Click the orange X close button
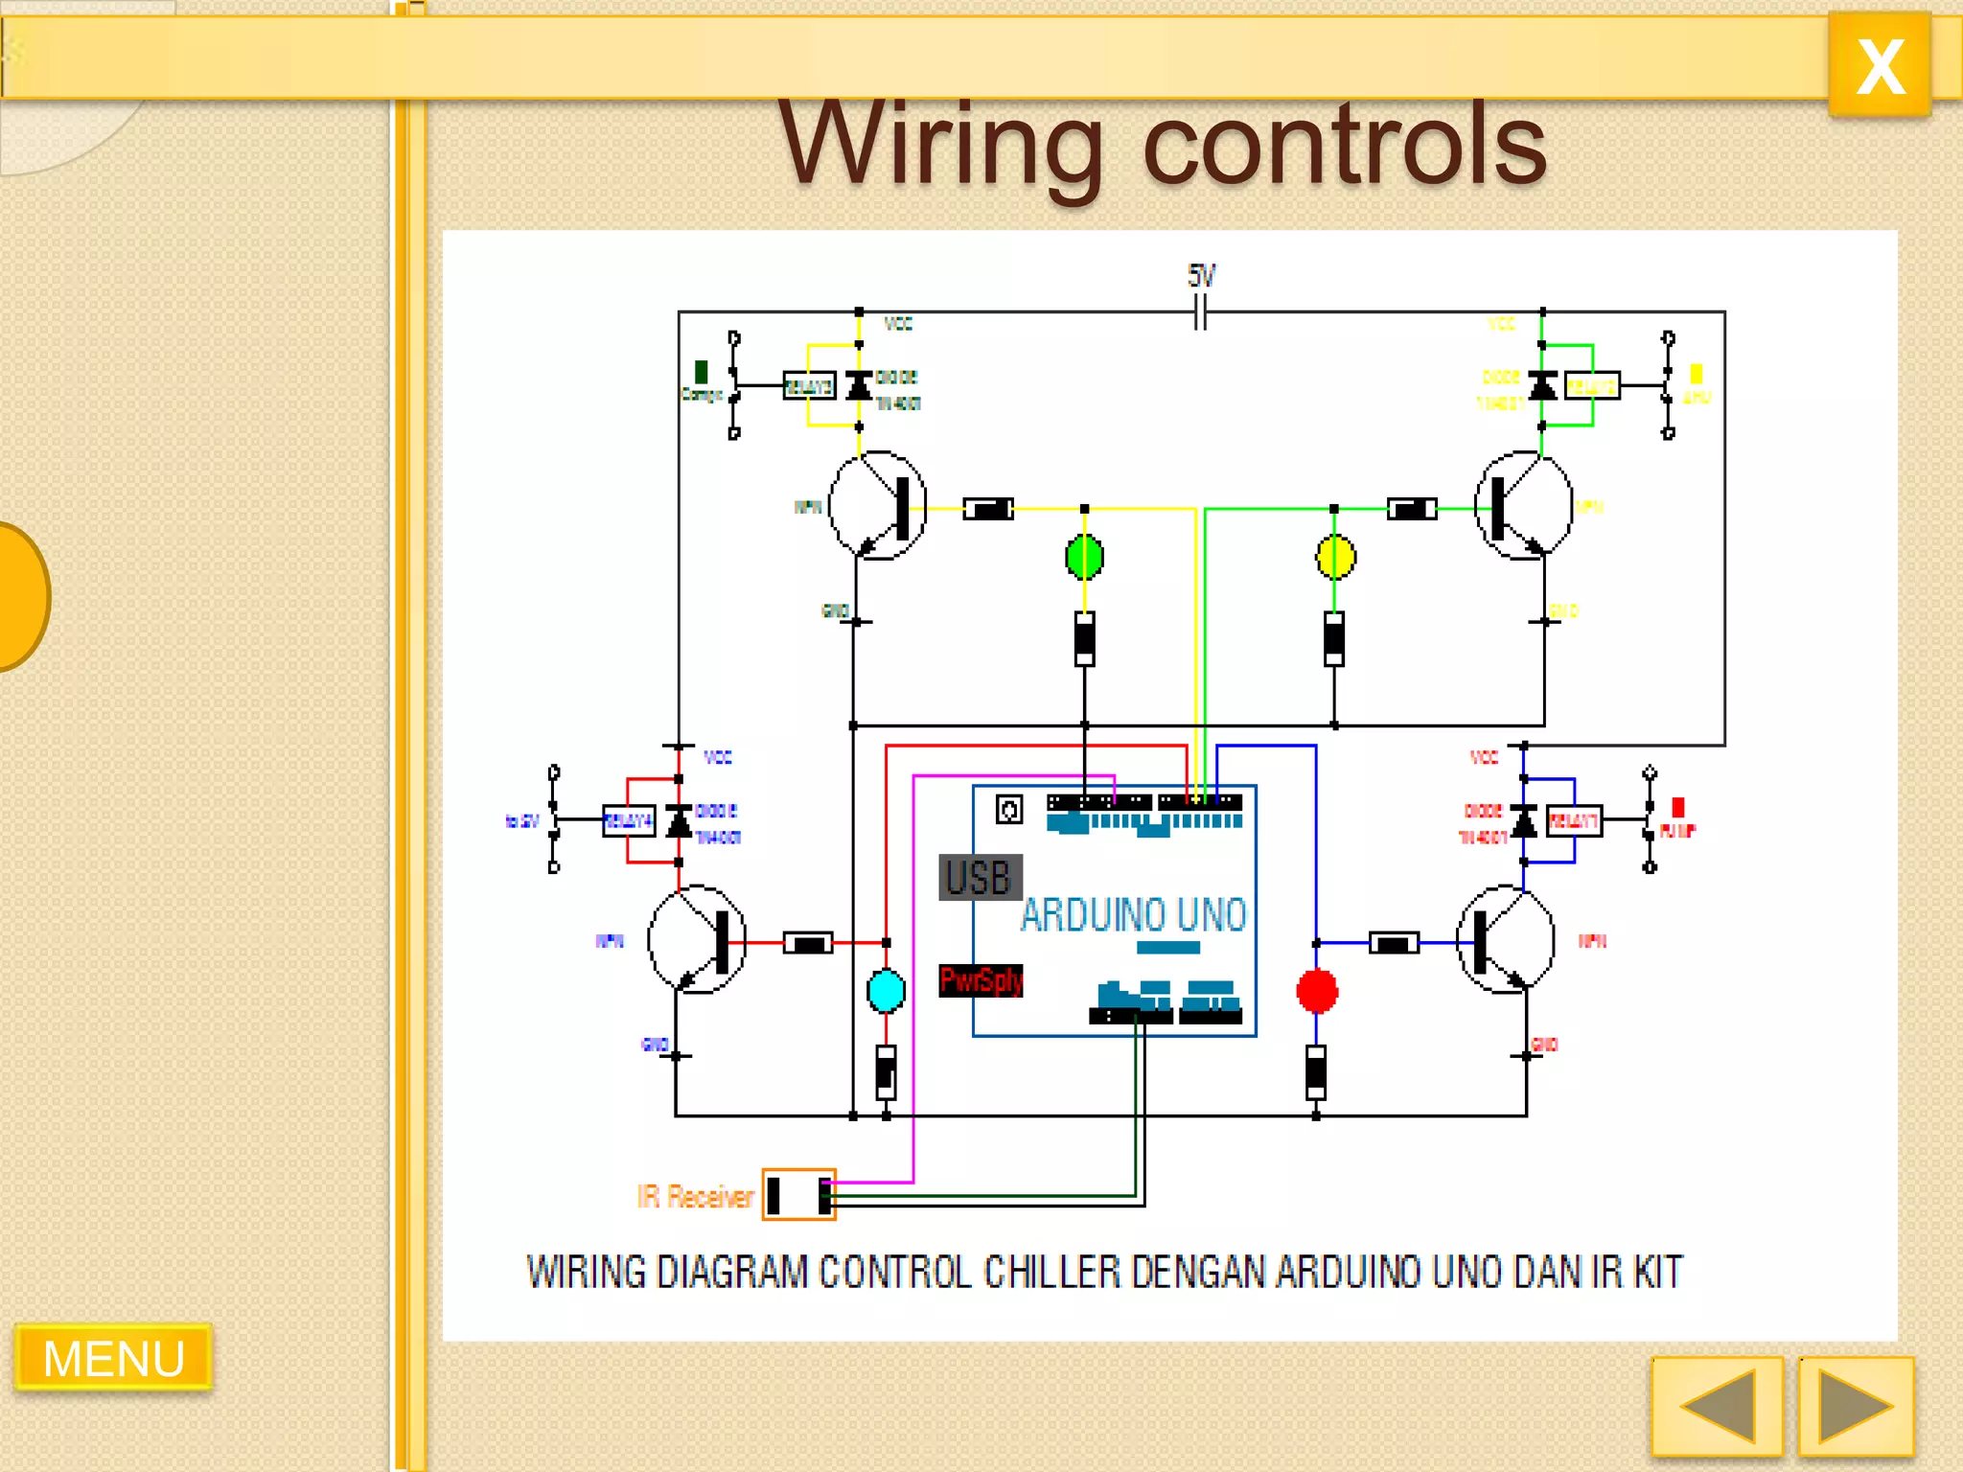click(1879, 65)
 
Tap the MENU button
click(113, 1357)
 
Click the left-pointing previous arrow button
click(1717, 1406)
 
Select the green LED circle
click(1084, 557)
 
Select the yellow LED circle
click(1335, 557)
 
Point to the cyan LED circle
click(886, 991)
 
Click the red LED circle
click(1316, 991)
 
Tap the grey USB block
click(980, 877)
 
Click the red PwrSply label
click(981, 980)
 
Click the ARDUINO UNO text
click(1133, 914)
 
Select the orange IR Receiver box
click(798, 1194)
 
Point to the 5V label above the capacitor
click(1201, 276)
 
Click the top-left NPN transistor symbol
click(877, 506)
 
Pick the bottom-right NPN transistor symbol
click(1505, 939)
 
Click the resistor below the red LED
click(1316, 1071)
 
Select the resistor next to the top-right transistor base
click(1412, 509)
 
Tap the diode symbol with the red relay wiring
click(679, 821)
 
